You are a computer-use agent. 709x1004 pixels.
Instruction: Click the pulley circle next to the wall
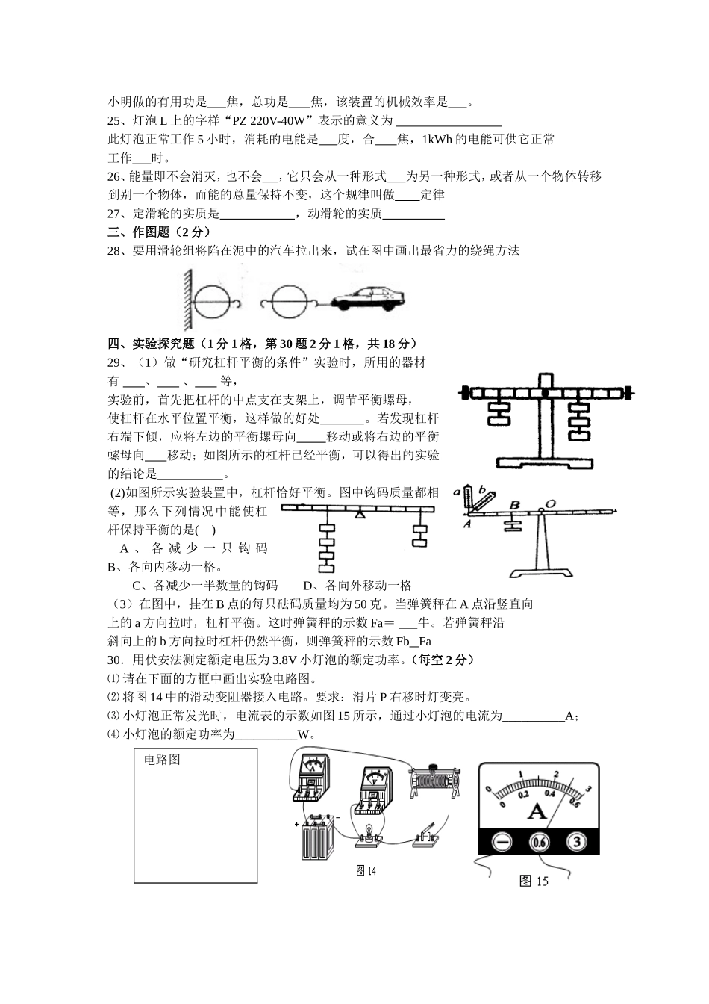tap(213, 302)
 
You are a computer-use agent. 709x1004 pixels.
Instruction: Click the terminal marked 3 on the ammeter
tap(576, 843)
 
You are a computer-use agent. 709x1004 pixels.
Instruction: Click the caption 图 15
tap(534, 881)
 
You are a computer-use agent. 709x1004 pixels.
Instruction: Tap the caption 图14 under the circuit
tap(366, 871)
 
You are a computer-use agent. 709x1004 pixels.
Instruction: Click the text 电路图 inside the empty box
tap(162, 760)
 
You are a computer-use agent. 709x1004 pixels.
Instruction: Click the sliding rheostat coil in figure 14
tap(434, 781)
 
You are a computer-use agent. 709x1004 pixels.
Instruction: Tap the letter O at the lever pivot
tap(550, 505)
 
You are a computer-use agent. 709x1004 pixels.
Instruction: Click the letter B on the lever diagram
tap(513, 506)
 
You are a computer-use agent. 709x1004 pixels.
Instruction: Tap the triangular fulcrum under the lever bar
tap(360, 514)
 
